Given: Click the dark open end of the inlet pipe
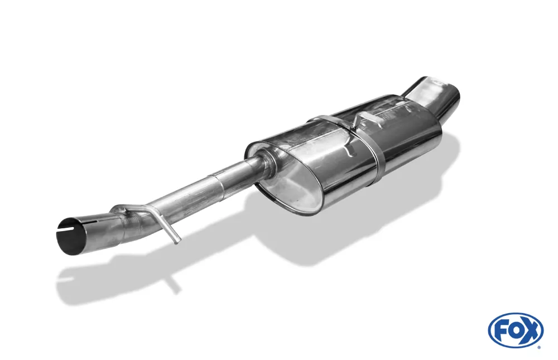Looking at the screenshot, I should coord(71,235).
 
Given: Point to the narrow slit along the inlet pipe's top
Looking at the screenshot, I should coord(71,225).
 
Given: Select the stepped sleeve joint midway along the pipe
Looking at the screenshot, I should coord(215,182).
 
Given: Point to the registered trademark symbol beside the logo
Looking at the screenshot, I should coord(539,347).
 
